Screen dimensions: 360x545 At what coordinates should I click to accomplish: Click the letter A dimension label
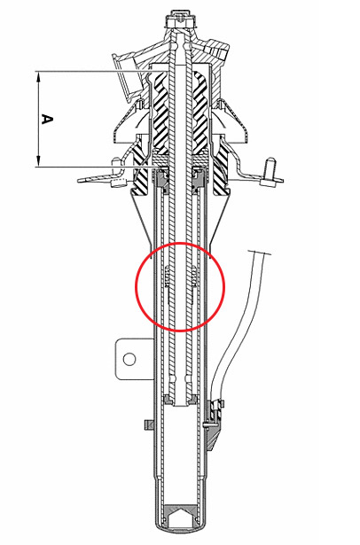[47, 119]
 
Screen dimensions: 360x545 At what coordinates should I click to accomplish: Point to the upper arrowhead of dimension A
[39, 77]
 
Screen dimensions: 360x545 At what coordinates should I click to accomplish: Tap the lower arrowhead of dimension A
[39, 161]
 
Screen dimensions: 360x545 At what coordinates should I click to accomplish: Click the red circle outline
[136, 287]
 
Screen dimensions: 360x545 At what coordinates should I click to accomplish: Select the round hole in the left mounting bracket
[129, 359]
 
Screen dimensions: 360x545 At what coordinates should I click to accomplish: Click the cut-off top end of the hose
[259, 253]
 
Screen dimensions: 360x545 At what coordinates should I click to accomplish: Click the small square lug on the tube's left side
[149, 424]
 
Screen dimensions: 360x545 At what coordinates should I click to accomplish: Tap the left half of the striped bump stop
[160, 113]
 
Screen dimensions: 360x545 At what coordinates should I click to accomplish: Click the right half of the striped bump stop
[200, 113]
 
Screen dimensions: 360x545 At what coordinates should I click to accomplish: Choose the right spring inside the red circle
[192, 276]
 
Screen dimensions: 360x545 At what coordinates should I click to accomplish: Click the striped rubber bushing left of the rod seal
[142, 170]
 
